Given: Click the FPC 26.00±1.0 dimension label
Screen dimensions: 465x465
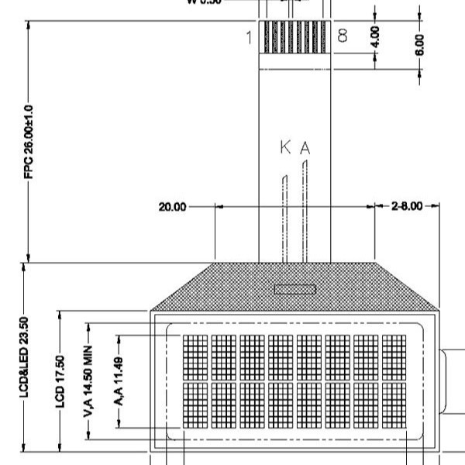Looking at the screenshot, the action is (29, 142).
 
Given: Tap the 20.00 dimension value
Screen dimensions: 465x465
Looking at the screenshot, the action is (172, 207).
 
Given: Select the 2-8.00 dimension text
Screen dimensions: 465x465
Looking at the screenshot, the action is (407, 206).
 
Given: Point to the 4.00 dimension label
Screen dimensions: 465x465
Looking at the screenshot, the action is (375, 36).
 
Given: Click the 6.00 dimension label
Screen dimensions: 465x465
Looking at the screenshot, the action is (420, 45).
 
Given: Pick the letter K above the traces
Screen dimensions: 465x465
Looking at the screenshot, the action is (285, 147).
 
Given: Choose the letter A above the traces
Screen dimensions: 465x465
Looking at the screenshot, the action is (305, 147).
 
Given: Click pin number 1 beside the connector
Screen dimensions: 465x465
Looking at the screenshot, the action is (250, 36).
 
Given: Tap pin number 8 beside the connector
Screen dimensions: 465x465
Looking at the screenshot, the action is (342, 36).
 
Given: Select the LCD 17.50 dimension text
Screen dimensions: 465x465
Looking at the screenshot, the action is (60, 381).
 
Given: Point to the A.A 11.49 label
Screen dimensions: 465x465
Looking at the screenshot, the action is (119, 379).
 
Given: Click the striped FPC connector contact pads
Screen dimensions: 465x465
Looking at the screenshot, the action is (294, 37).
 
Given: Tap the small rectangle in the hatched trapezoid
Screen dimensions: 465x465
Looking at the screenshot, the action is (295, 290).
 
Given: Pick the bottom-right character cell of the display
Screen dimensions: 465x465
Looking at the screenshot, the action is (394, 404).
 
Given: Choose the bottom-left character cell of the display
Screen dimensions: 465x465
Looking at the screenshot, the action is (195, 404).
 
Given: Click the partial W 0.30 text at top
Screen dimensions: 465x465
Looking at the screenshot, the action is (205, 2).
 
